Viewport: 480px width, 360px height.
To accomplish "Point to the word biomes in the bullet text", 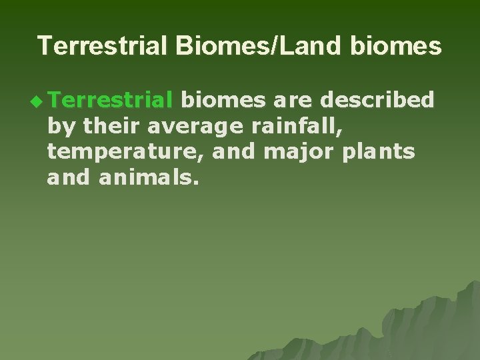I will click(224, 100).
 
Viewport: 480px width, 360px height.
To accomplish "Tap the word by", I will click(59, 127).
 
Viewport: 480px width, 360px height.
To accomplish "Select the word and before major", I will click(235, 152).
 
